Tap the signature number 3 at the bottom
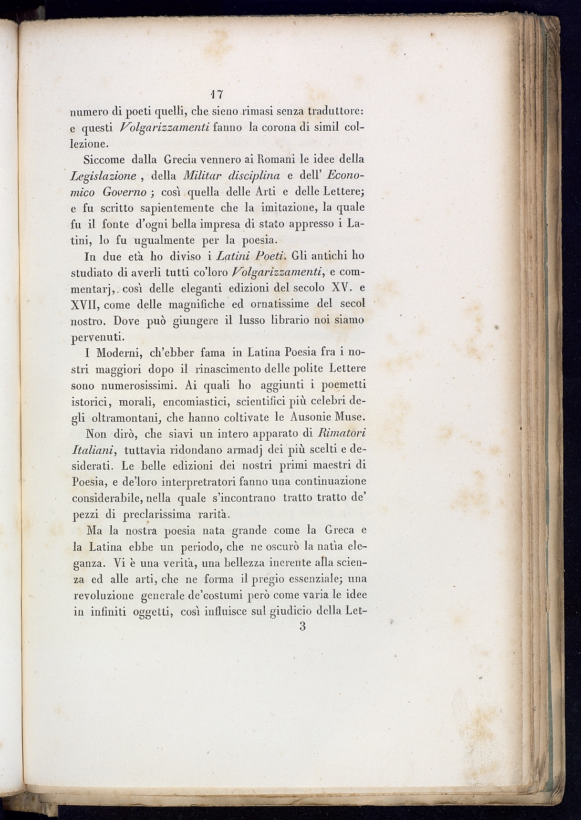(302, 627)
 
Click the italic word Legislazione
(103, 176)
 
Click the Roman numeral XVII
(86, 305)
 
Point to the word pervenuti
(98, 337)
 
